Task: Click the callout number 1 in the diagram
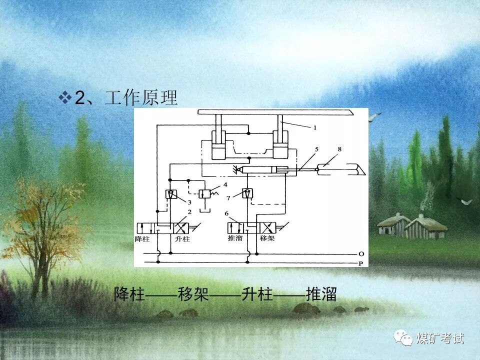[315, 128]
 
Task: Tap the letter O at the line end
[361, 254]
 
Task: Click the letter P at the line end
[361, 263]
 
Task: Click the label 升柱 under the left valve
[183, 238]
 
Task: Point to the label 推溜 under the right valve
[235, 238]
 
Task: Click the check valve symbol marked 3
[170, 194]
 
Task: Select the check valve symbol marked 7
[247, 193]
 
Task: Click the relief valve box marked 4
[204, 194]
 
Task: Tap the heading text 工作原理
[141, 98]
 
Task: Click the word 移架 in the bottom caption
[193, 294]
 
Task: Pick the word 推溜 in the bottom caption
[321, 294]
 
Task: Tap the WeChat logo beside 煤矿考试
[403, 338]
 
